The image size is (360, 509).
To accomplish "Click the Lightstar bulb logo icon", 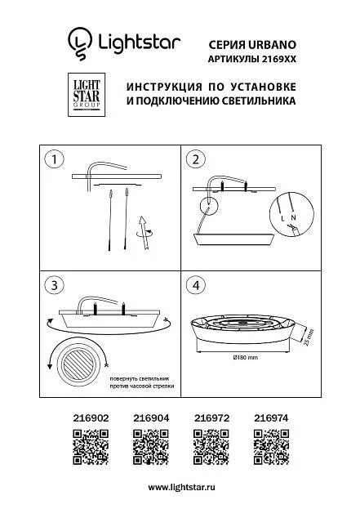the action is pyautogui.click(x=80, y=43).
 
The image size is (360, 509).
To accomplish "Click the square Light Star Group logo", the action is pyautogui.click(x=87, y=95).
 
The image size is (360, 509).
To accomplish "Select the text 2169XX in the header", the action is pyautogui.click(x=278, y=60).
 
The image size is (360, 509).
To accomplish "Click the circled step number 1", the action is pyautogui.click(x=54, y=159).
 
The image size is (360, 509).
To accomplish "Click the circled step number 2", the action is pyautogui.click(x=196, y=159).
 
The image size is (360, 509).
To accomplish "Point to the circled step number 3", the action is pyautogui.click(x=54, y=285).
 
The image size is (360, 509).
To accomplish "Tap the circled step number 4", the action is pyautogui.click(x=196, y=285).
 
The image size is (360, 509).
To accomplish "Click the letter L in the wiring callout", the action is pyautogui.click(x=282, y=219).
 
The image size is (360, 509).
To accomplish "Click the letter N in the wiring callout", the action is pyautogui.click(x=294, y=217).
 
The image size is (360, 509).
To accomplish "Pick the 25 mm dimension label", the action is pyautogui.click(x=309, y=337).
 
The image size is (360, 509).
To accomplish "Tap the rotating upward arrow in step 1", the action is pyautogui.click(x=143, y=232).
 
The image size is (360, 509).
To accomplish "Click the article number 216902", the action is pyautogui.click(x=91, y=418).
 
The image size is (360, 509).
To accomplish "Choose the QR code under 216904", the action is pyautogui.click(x=151, y=447).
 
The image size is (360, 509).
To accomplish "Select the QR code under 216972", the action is pyautogui.click(x=211, y=447).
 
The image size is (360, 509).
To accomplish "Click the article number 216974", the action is pyautogui.click(x=271, y=418).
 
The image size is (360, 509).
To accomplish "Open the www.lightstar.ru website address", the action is pyautogui.click(x=181, y=487).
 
